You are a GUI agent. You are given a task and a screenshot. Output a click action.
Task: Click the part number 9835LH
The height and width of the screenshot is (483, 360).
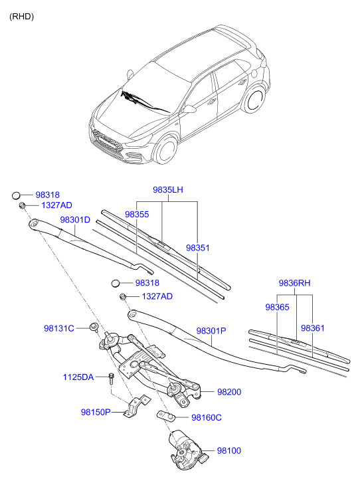167,190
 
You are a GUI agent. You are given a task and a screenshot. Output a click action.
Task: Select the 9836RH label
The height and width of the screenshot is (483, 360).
295,283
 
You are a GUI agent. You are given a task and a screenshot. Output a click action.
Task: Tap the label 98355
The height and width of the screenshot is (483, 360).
137,215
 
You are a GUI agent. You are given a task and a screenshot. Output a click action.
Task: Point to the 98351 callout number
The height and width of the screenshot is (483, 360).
197,247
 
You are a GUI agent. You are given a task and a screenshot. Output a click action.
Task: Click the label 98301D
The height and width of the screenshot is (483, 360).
74,219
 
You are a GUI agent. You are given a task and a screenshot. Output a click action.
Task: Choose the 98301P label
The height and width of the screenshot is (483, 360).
211,330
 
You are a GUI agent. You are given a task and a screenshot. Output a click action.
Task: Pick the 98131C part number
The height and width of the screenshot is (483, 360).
59,328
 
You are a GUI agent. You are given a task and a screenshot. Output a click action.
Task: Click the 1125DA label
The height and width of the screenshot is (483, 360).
78,377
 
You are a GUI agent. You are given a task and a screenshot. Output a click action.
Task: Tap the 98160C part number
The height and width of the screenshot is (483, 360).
206,417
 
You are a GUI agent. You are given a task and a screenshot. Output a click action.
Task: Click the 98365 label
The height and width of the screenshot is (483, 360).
277,308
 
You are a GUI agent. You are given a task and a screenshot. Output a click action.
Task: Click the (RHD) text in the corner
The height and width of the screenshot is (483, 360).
21,16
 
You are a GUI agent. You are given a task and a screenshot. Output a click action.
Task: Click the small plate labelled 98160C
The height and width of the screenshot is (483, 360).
167,417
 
